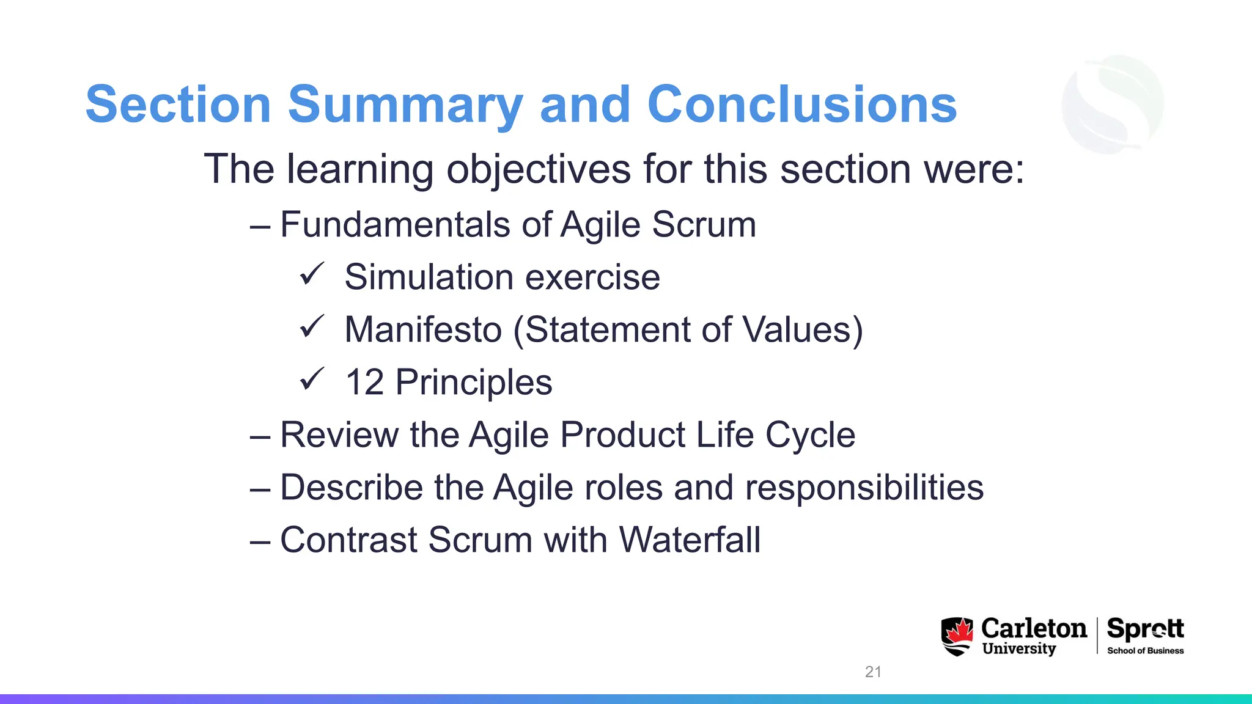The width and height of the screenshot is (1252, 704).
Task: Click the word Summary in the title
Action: [x=405, y=105]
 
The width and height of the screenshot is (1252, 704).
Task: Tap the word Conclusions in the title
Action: [x=801, y=105]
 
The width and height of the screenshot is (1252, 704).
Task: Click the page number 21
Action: [x=873, y=672]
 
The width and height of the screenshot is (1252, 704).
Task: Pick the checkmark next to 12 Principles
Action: [x=311, y=380]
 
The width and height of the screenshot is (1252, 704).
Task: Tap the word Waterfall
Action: [x=690, y=540]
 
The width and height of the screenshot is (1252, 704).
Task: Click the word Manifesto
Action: [x=423, y=329]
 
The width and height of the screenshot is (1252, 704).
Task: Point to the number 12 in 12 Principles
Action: [x=364, y=383]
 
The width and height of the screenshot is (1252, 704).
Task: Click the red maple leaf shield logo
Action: [x=957, y=636]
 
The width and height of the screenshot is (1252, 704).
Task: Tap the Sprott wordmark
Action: [x=1145, y=629]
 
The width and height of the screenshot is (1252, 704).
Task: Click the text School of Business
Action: [x=1145, y=651]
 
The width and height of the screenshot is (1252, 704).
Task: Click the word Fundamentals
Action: [x=395, y=224]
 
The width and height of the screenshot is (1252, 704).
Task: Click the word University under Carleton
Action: [x=1019, y=648]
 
